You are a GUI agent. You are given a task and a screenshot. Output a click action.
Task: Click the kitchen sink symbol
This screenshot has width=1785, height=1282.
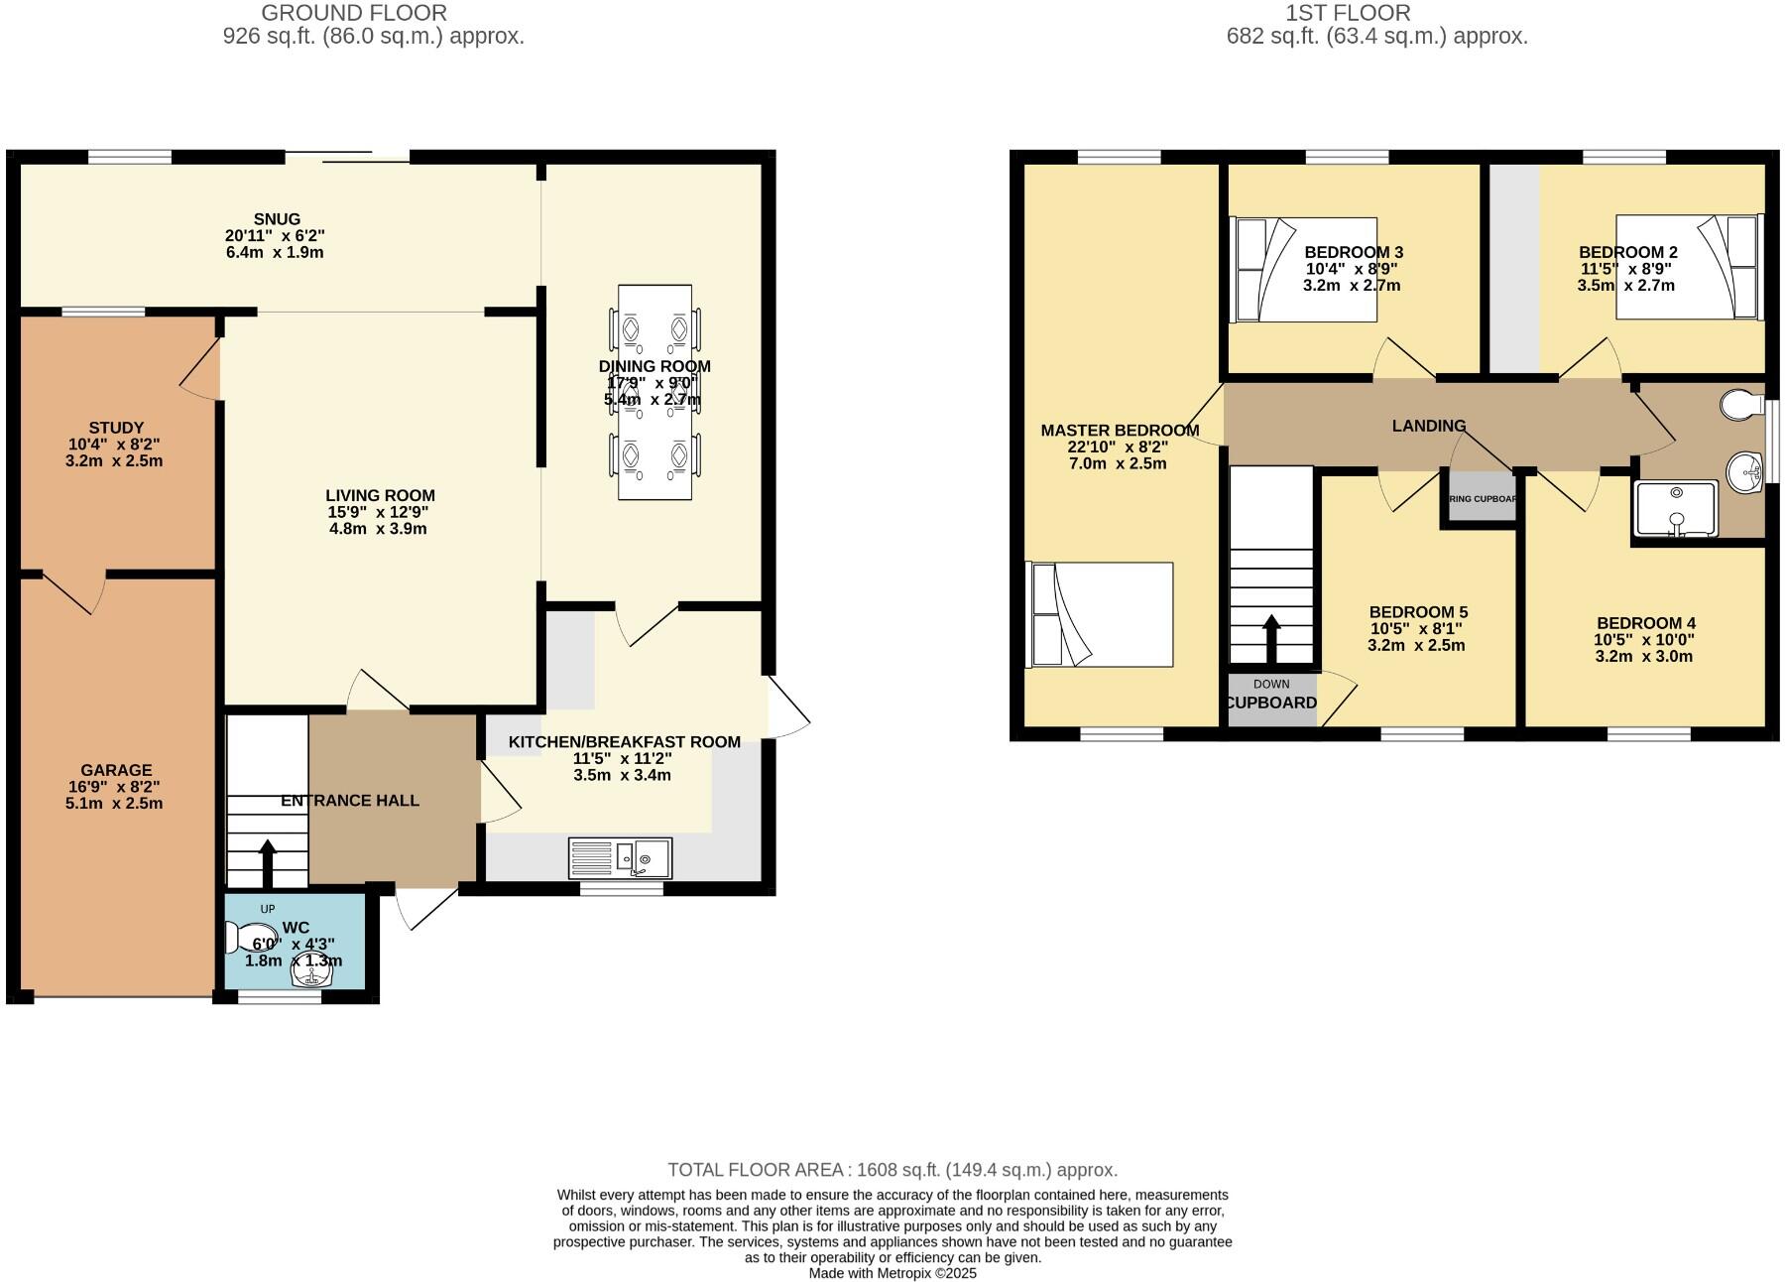tap(620, 857)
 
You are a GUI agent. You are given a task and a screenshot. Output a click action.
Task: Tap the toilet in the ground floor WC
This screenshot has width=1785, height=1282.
tap(239, 938)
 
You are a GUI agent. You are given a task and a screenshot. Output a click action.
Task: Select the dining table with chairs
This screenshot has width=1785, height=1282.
tap(654, 393)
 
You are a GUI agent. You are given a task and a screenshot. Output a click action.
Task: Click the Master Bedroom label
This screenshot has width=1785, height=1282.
tap(1120, 431)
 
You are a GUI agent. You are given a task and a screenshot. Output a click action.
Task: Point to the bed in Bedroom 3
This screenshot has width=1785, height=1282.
tap(1302, 270)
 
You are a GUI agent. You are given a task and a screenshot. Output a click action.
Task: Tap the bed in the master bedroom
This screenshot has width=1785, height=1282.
tap(1100, 614)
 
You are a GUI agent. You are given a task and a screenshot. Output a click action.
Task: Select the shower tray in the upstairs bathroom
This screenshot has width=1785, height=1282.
tap(1675, 509)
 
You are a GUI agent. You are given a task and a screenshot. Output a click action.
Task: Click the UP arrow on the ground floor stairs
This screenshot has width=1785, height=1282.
tap(267, 862)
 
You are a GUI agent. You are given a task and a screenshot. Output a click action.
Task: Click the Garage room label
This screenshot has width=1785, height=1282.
tap(116, 770)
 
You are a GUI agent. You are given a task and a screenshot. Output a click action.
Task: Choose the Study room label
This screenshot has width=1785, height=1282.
tap(116, 429)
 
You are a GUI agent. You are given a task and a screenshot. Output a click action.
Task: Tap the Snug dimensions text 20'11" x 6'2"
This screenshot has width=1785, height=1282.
tap(275, 236)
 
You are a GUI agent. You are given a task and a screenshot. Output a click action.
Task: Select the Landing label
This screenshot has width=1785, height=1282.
tap(1428, 426)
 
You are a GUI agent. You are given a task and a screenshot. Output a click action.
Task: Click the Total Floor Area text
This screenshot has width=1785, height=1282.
tap(892, 1170)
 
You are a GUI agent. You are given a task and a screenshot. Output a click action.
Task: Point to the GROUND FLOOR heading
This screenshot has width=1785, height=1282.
tap(354, 13)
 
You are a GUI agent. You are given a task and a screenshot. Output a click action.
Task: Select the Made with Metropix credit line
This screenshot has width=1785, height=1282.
tap(892, 1273)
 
